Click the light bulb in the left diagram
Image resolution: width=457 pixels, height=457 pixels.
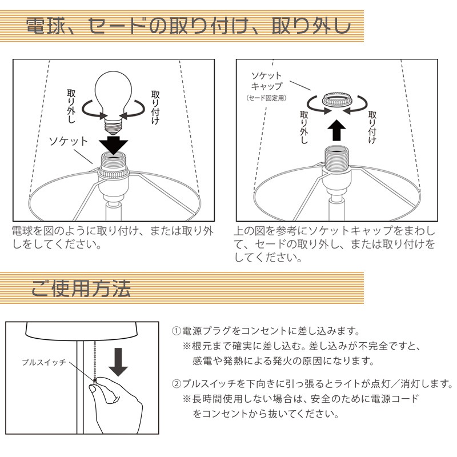coord(114,101)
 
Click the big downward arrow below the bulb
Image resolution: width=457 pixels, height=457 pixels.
coord(113,146)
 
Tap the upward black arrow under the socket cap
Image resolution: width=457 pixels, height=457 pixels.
coord(336,131)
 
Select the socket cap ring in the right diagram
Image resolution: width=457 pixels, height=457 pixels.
coord(336,99)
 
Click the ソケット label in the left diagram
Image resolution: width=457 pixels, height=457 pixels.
coord(68,141)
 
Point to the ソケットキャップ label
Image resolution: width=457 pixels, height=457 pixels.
coord(267,81)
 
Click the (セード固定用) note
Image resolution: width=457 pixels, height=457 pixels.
coord(266,98)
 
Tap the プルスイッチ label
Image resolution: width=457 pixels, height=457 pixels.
coord(44,362)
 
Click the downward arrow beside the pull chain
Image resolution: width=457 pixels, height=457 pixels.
coord(118,362)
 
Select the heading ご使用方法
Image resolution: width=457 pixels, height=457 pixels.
coord(81,288)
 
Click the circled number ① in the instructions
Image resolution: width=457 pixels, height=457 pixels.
coord(177,331)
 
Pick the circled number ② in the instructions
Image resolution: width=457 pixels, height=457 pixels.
coord(177,383)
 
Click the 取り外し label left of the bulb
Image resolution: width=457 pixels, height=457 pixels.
coord(71,106)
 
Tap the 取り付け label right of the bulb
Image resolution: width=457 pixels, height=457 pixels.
coord(155,107)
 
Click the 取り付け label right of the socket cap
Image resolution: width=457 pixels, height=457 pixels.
coord(372,127)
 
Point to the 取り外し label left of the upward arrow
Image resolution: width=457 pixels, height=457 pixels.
coord(304,127)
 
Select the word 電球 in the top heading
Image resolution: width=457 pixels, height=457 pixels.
coord(46,26)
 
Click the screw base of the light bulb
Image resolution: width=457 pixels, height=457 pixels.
coord(113,125)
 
